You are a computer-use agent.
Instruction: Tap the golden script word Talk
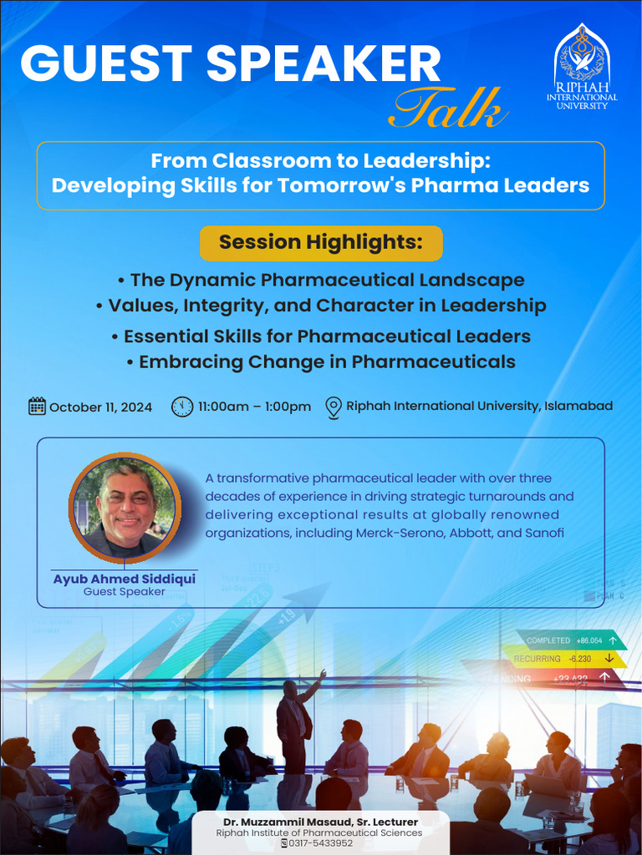[x=449, y=109]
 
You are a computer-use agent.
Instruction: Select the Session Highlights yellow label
[x=321, y=243]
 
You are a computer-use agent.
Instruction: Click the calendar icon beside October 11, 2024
[x=37, y=407]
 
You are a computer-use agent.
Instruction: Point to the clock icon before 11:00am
[x=181, y=407]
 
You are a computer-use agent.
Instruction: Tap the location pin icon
[x=333, y=407]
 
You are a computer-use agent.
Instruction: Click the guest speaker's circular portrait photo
[x=125, y=508]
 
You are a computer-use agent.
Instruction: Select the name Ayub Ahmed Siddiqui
[x=125, y=579]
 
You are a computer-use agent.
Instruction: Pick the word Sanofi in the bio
[x=543, y=533]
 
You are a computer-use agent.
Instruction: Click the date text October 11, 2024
[x=101, y=407]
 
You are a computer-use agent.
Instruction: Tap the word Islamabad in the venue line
[x=578, y=406]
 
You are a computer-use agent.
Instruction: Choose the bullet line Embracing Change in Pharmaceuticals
[x=321, y=362]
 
